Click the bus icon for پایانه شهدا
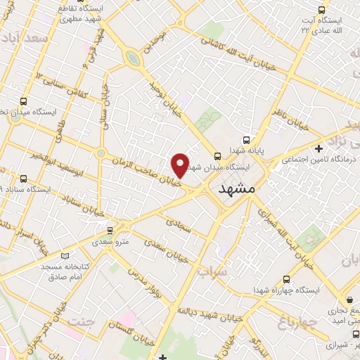pos(246,139)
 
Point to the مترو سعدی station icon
pos(109,230)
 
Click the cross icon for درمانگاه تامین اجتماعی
pos(319,148)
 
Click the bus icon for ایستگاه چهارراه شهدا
pos(286,278)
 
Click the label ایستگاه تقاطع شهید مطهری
pos(82,13)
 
